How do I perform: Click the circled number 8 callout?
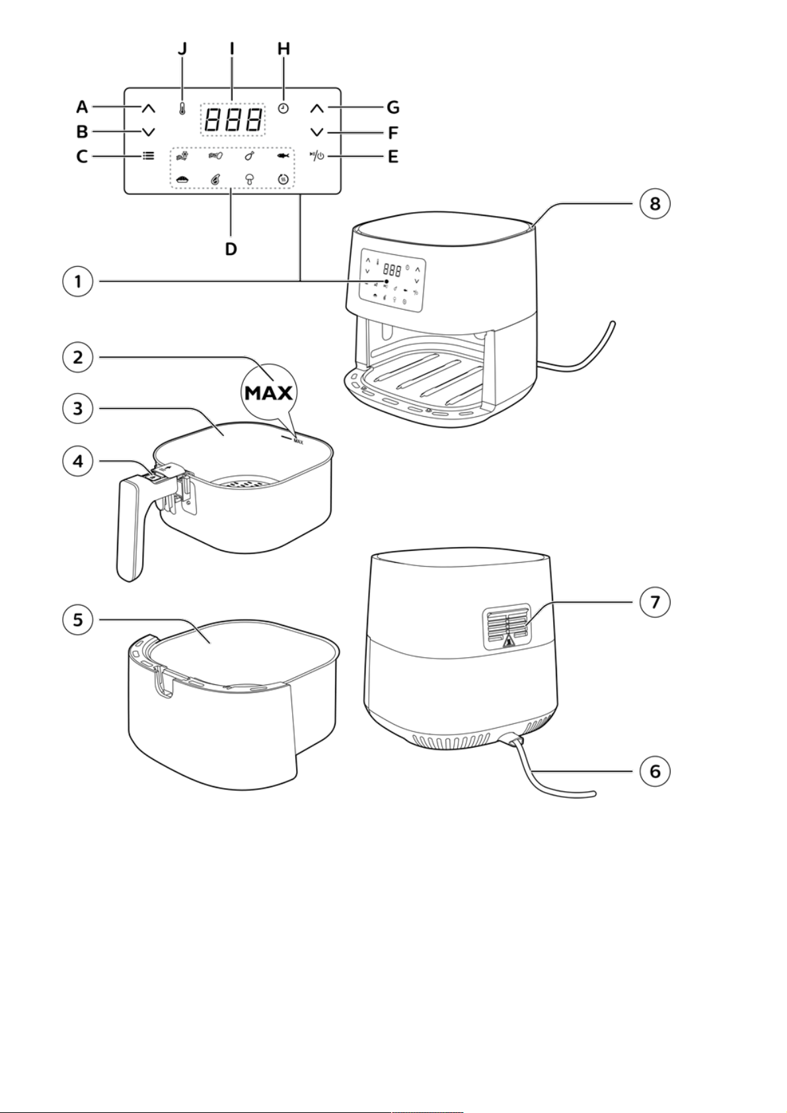point(655,203)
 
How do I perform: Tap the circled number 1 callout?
point(77,282)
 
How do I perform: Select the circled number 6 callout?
point(655,771)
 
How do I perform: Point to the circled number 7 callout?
point(655,602)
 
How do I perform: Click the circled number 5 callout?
point(77,620)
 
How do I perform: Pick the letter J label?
point(182,49)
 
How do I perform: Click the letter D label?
point(231,249)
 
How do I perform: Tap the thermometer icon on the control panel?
point(182,109)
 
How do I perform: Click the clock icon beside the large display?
point(283,108)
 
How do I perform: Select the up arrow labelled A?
point(149,108)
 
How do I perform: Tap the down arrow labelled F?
point(317,132)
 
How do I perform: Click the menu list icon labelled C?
point(149,156)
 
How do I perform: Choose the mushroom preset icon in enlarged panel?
point(250,180)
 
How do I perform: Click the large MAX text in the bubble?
point(269,394)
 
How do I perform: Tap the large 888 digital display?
point(233,120)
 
